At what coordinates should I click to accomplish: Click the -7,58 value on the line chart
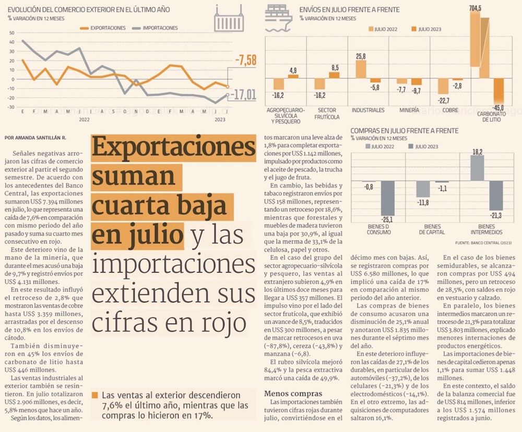tap(245, 61)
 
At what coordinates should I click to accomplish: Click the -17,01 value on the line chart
tap(244, 94)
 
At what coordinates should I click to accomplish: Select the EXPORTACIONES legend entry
tap(104, 28)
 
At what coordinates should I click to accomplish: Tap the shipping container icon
tap(229, 19)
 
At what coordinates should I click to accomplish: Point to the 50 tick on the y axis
tap(12, 32)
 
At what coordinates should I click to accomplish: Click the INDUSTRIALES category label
tap(368, 110)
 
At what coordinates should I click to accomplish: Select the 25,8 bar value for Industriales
tap(361, 56)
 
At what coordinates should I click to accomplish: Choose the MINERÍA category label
tap(409, 110)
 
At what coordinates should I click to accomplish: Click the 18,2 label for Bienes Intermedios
tap(477, 152)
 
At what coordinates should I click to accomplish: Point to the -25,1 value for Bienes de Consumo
tap(387, 219)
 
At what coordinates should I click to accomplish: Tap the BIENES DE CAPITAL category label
tap(432, 229)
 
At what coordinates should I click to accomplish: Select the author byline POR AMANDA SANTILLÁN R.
tap(36, 138)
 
